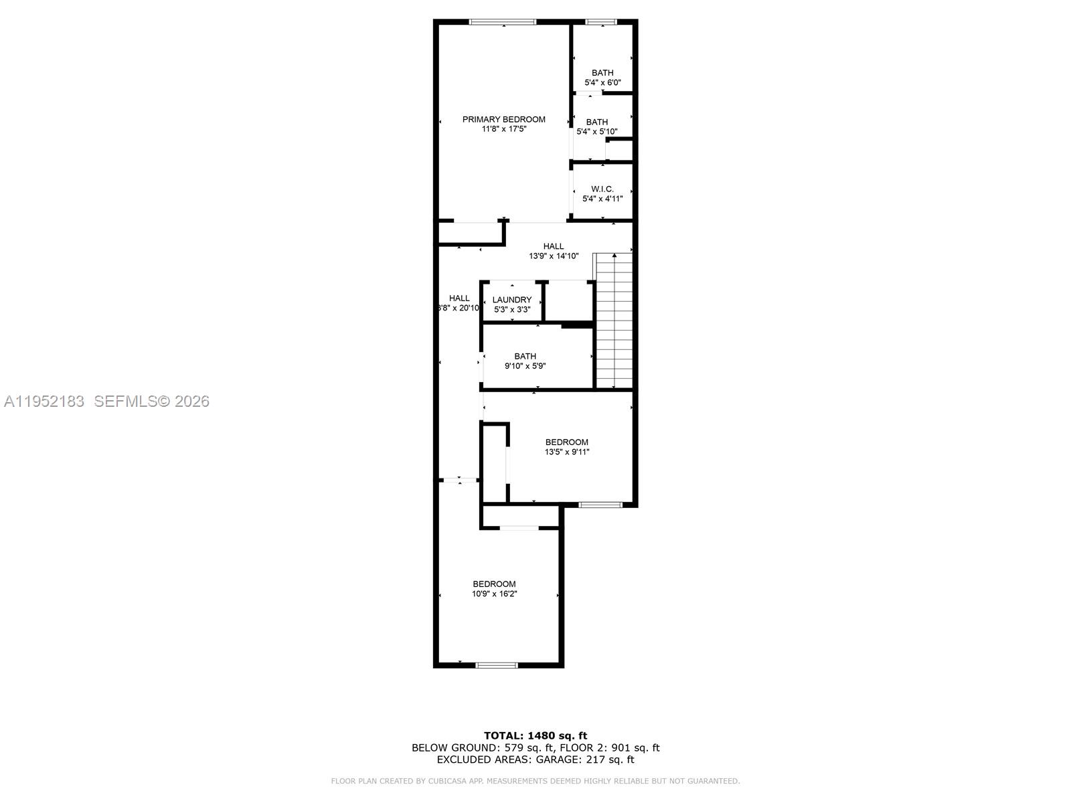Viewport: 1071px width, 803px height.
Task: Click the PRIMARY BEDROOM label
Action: pyautogui.click(x=503, y=119)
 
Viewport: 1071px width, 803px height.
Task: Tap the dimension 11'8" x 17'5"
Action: pyautogui.click(x=503, y=129)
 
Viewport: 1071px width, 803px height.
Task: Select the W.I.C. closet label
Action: pyautogui.click(x=602, y=189)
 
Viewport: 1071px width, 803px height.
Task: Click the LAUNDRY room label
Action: pyautogui.click(x=512, y=300)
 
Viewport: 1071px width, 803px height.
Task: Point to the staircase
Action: pyautogui.click(x=614, y=321)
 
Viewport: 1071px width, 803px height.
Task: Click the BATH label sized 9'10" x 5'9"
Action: pyautogui.click(x=525, y=356)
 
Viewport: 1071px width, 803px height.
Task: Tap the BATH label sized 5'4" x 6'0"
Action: pyautogui.click(x=602, y=73)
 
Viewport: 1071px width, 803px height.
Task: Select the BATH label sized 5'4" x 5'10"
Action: pyautogui.click(x=597, y=122)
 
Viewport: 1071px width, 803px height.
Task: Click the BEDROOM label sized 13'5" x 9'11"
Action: pyautogui.click(x=566, y=442)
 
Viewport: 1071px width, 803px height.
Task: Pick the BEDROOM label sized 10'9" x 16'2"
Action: pyautogui.click(x=494, y=584)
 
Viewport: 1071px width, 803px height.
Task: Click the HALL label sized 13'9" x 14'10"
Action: pyautogui.click(x=554, y=246)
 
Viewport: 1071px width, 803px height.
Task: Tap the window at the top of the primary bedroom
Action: pyautogui.click(x=503, y=22)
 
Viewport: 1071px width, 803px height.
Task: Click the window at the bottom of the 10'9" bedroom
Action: pyautogui.click(x=497, y=665)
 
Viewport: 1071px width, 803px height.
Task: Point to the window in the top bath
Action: pyautogui.click(x=601, y=22)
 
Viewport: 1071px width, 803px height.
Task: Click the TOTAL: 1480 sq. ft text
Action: pyautogui.click(x=535, y=735)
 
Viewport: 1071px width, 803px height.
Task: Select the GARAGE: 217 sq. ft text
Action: pyautogui.click(x=593, y=760)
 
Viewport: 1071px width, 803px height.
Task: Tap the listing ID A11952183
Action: pyautogui.click(x=44, y=401)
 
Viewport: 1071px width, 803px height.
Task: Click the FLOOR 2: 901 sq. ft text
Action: pyautogui.click(x=610, y=747)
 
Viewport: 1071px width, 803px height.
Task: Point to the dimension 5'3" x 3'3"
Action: pyautogui.click(x=512, y=310)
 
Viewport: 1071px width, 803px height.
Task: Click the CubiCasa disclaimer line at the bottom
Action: pyautogui.click(x=535, y=781)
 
